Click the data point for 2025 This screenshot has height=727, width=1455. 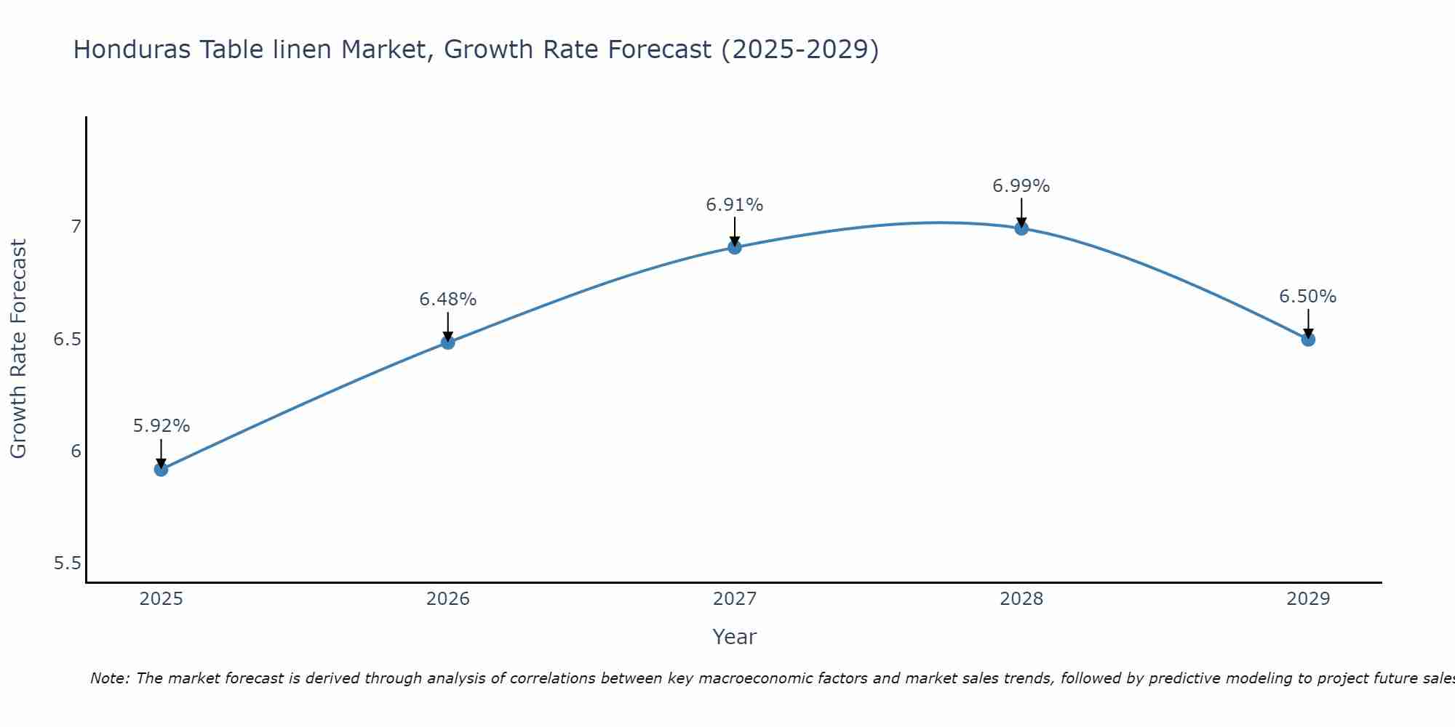pyautogui.click(x=161, y=469)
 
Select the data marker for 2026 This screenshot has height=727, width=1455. pyautogui.click(x=447, y=342)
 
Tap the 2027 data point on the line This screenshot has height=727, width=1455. pyautogui.click(x=734, y=247)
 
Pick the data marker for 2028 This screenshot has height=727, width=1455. pyautogui.click(x=1021, y=228)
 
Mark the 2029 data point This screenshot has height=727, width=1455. pyautogui.click(x=1307, y=339)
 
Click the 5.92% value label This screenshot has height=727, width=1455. pyautogui.click(x=161, y=426)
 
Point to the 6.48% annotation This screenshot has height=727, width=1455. pyautogui.click(x=447, y=299)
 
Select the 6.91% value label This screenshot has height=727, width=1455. pyautogui.click(x=734, y=205)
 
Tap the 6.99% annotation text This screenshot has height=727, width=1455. pyautogui.click(x=1021, y=186)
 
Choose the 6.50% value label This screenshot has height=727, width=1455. pyautogui.click(x=1307, y=297)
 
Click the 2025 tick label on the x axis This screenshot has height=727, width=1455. pyautogui.click(x=161, y=599)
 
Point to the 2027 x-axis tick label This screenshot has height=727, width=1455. pyautogui.click(x=734, y=599)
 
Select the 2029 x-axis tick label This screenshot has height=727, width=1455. pyautogui.click(x=1307, y=599)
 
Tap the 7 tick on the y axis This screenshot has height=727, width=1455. pyautogui.click(x=76, y=227)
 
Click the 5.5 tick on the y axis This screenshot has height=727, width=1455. pyautogui.click(x=68, y=563)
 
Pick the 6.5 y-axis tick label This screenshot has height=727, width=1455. pyautogui.click(x=68, y=340)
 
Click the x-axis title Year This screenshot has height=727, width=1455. pyautogui.click(x=734, y=637)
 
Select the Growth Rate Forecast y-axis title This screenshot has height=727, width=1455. pyautogui.click(x=18, y=348)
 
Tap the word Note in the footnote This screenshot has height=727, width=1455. pyautogui.click(x=109, y=678)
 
